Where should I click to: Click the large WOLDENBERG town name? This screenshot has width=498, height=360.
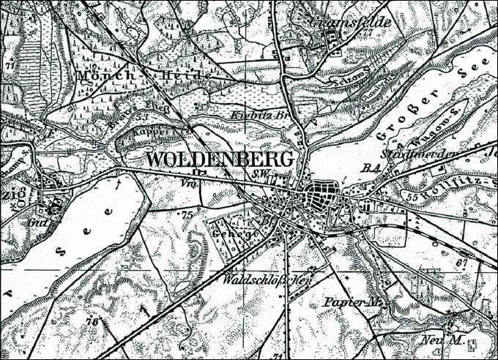click(x=220, y=160)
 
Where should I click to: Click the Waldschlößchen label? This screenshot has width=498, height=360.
click(x=270, y=279)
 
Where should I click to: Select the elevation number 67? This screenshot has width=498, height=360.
click(x=461, y=262)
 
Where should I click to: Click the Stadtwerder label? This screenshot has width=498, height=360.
click(x=429, y=154)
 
